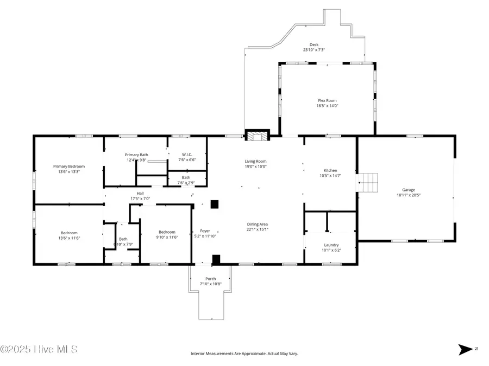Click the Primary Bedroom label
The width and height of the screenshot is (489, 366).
[69, 166]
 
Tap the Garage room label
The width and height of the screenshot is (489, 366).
[409, 190]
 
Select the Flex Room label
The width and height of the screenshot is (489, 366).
[328, 100]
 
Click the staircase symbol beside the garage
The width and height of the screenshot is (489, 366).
[367, 183]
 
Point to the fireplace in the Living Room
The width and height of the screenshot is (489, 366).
[257, 136]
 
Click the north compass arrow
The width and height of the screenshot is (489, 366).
[466, 350]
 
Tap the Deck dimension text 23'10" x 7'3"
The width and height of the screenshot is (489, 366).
[314, 50]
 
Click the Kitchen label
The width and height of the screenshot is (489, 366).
[330, 170]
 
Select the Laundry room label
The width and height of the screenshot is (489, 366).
[331, 245]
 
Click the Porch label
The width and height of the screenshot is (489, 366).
[210, 279]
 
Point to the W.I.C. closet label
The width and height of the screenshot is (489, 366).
[187, 155]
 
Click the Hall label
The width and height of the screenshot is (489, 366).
[140, 193]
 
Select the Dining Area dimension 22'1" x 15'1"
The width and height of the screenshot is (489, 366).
[258, 229]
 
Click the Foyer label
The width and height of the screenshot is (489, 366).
[205, 231]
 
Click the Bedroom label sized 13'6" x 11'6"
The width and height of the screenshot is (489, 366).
[69, 233]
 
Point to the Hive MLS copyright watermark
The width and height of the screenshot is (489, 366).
[39, 349]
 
